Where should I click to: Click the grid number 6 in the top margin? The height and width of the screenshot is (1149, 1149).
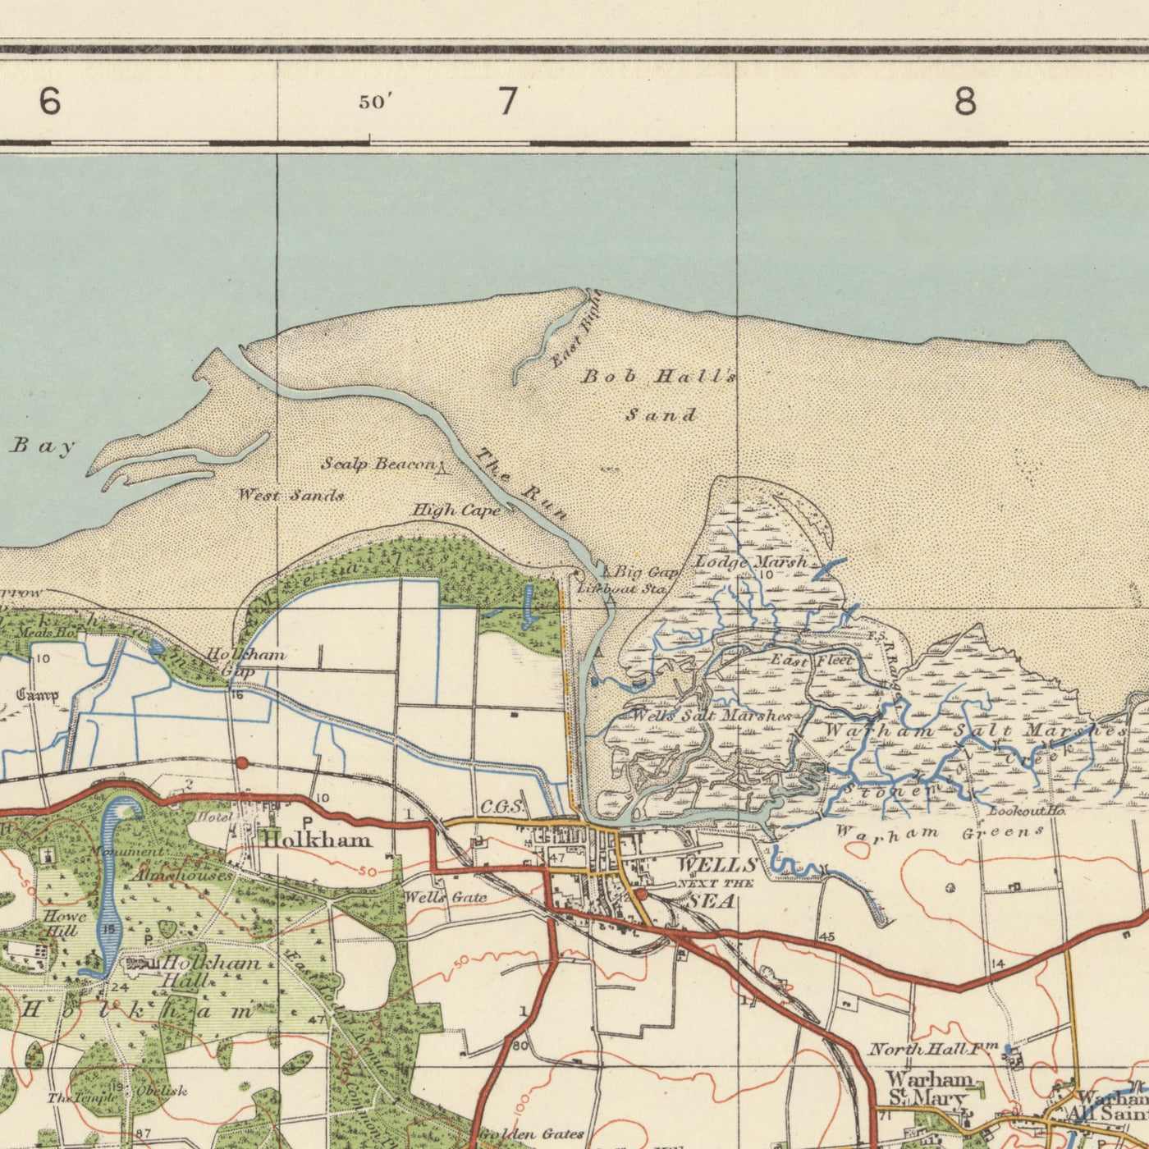[x=50, y=102]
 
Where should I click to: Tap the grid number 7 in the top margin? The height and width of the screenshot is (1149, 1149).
[x=508, y=102]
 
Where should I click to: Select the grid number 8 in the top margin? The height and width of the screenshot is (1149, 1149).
[x=966, y=103]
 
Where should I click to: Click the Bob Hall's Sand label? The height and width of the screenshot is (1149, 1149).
[x=659, y=395]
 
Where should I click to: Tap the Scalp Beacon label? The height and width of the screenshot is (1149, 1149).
[x=378, y=465]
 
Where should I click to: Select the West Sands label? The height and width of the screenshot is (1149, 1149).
[x=291, y=495]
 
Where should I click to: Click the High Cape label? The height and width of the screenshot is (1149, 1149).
[x=455, y=511]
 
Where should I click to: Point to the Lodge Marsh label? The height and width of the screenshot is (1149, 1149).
[x=752, y=562]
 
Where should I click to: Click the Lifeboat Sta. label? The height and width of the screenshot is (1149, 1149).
[x=621, y=588]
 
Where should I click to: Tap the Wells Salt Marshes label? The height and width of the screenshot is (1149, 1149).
[x=711, y=716]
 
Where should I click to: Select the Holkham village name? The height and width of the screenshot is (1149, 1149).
[x=316, y=840]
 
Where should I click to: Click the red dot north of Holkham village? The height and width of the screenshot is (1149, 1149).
[x=241, y=762]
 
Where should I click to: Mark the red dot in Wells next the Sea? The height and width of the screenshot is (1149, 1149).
[x=641, y=894]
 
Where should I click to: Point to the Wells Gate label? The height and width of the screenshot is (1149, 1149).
[x=446, y=898]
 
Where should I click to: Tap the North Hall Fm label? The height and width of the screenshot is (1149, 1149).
[x=933, y=1049]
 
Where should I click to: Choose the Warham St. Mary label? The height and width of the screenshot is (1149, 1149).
[x=929, y=1087]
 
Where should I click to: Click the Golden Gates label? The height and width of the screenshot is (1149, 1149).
[x=531, y=1134]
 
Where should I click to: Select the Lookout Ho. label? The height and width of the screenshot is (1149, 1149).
[x=1027, y=812]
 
